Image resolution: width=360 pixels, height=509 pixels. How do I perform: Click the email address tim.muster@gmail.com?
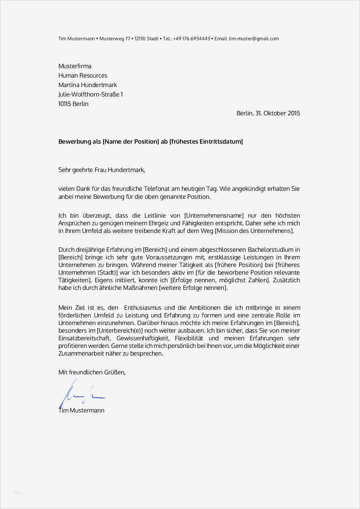(x=254, y=39)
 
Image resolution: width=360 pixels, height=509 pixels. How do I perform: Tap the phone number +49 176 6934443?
(x=192, y=39)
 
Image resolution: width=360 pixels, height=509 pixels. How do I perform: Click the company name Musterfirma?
(x=75, y=66)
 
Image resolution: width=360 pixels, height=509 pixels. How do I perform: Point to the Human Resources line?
(x=83, y=75)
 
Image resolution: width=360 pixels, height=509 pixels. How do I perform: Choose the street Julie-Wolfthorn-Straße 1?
(x=91, y=94)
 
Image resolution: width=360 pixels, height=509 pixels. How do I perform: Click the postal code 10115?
(x=65, y=104)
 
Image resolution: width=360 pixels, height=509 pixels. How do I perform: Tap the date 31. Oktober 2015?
(x=278, y=113)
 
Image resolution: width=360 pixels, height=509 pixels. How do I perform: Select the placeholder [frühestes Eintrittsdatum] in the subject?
(x=206, y=141)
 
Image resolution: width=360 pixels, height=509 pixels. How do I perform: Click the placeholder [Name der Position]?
(x=131, y=141)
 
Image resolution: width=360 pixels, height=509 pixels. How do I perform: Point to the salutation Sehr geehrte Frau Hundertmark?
(x=102, y=170)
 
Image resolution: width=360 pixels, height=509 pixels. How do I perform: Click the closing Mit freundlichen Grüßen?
(x=92, y=372)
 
